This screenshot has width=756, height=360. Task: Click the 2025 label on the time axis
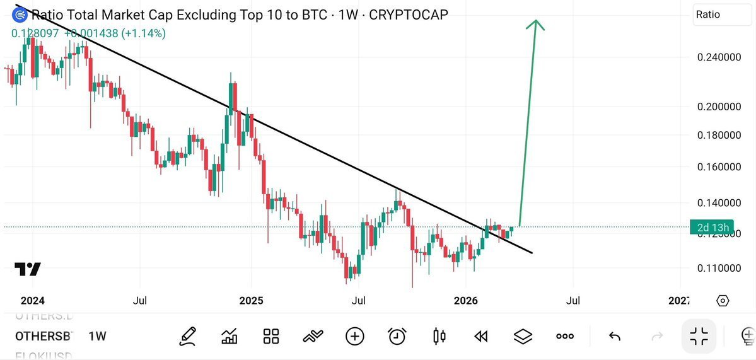(251, 301)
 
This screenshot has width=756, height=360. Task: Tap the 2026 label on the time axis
(465, 301)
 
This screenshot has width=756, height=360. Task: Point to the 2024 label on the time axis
(33, 301)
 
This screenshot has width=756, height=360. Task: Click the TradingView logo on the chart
(28, 269)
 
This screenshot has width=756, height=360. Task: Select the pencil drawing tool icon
(187, 336)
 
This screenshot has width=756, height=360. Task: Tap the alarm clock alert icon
(397, 336)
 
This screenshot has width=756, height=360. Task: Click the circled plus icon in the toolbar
(355, 336)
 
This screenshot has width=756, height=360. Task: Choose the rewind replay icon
(481, 336)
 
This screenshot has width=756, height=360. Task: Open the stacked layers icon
(523, 336)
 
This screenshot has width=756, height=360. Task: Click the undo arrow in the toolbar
(615, 336)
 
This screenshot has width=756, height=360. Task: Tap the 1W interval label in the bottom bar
(97, 336)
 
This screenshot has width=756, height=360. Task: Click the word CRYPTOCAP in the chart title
(409, 15)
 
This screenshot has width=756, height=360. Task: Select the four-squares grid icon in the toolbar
(271, 336)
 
